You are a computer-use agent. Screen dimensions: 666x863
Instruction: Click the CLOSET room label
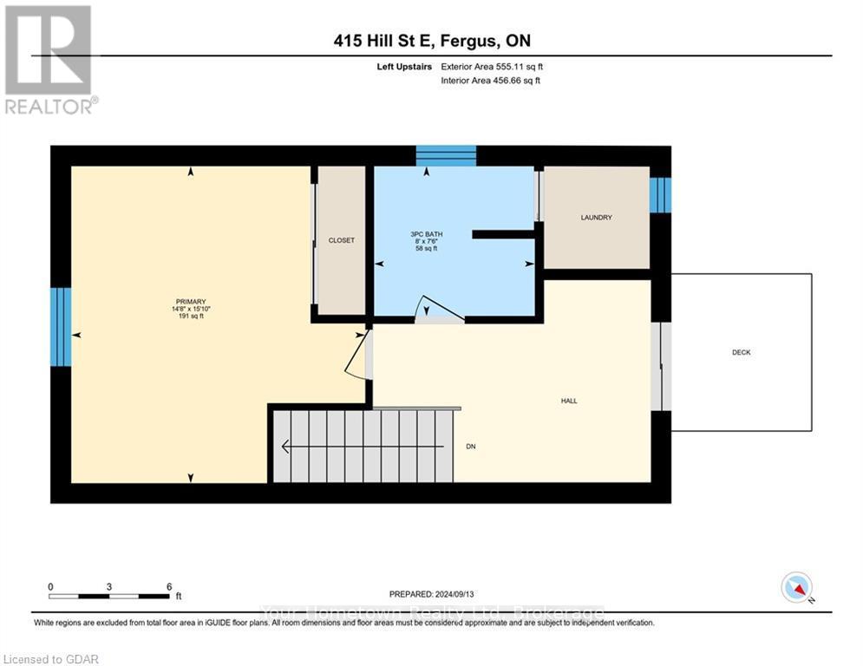342,240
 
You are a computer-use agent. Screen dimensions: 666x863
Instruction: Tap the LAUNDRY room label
596,218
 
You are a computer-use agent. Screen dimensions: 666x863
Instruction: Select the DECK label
741,352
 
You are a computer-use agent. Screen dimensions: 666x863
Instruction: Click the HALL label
569,401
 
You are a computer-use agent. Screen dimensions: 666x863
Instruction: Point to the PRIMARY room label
190,302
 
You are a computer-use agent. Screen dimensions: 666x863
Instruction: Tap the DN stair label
471,447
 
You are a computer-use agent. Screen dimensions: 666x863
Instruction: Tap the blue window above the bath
446,156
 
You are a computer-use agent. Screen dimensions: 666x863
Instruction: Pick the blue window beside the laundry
660,195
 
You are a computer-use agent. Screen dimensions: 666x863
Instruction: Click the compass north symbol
795,587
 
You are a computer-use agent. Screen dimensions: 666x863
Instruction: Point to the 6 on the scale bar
168,586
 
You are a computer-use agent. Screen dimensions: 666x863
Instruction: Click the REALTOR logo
49,59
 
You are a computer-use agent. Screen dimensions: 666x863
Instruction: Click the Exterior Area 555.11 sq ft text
493,66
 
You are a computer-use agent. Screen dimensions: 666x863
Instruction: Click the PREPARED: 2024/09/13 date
432,595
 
